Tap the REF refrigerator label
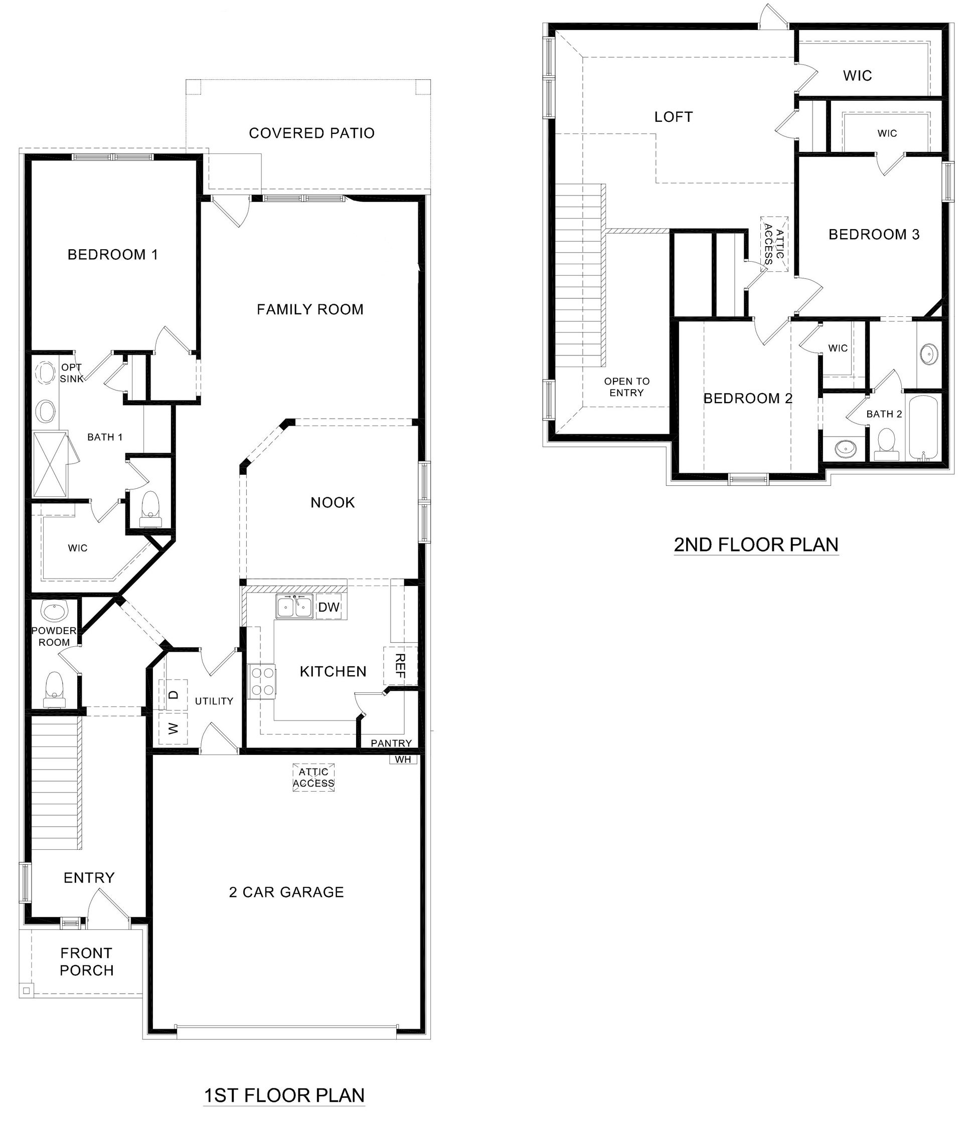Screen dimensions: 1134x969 pos(400,666)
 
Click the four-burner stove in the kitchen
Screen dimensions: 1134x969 pos(262,681)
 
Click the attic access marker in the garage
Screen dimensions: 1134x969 pos(313,778)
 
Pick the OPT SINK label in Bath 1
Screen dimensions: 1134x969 pos(72,372)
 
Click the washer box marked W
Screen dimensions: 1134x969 pos(173,728)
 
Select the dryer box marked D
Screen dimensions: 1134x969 pos(173,694)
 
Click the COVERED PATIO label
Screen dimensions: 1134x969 pos(311,133)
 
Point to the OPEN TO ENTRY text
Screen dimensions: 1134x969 pos(627,387)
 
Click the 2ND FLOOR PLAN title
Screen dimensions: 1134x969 pos(755,544)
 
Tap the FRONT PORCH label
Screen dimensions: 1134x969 pos(86,962)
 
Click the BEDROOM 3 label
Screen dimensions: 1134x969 pos(874,234)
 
